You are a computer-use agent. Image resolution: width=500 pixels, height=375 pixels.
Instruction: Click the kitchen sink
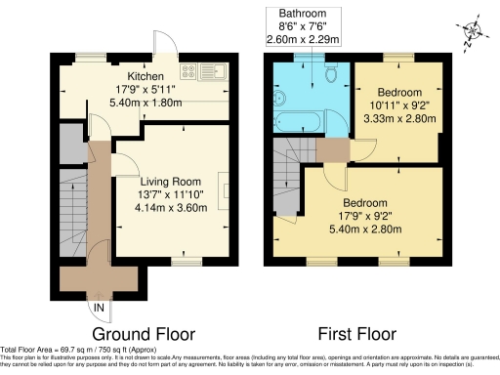pyautogui.click(x=215, y=71)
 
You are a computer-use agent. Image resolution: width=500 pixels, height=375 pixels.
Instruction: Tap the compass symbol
pyautogui.click(x=473, y=31)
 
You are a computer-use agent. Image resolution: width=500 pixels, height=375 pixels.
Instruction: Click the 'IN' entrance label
pyautogui.click(x=98, y=309)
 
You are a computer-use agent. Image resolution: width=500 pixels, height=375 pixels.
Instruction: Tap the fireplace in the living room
pyautogui.click(x=225, y=187)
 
